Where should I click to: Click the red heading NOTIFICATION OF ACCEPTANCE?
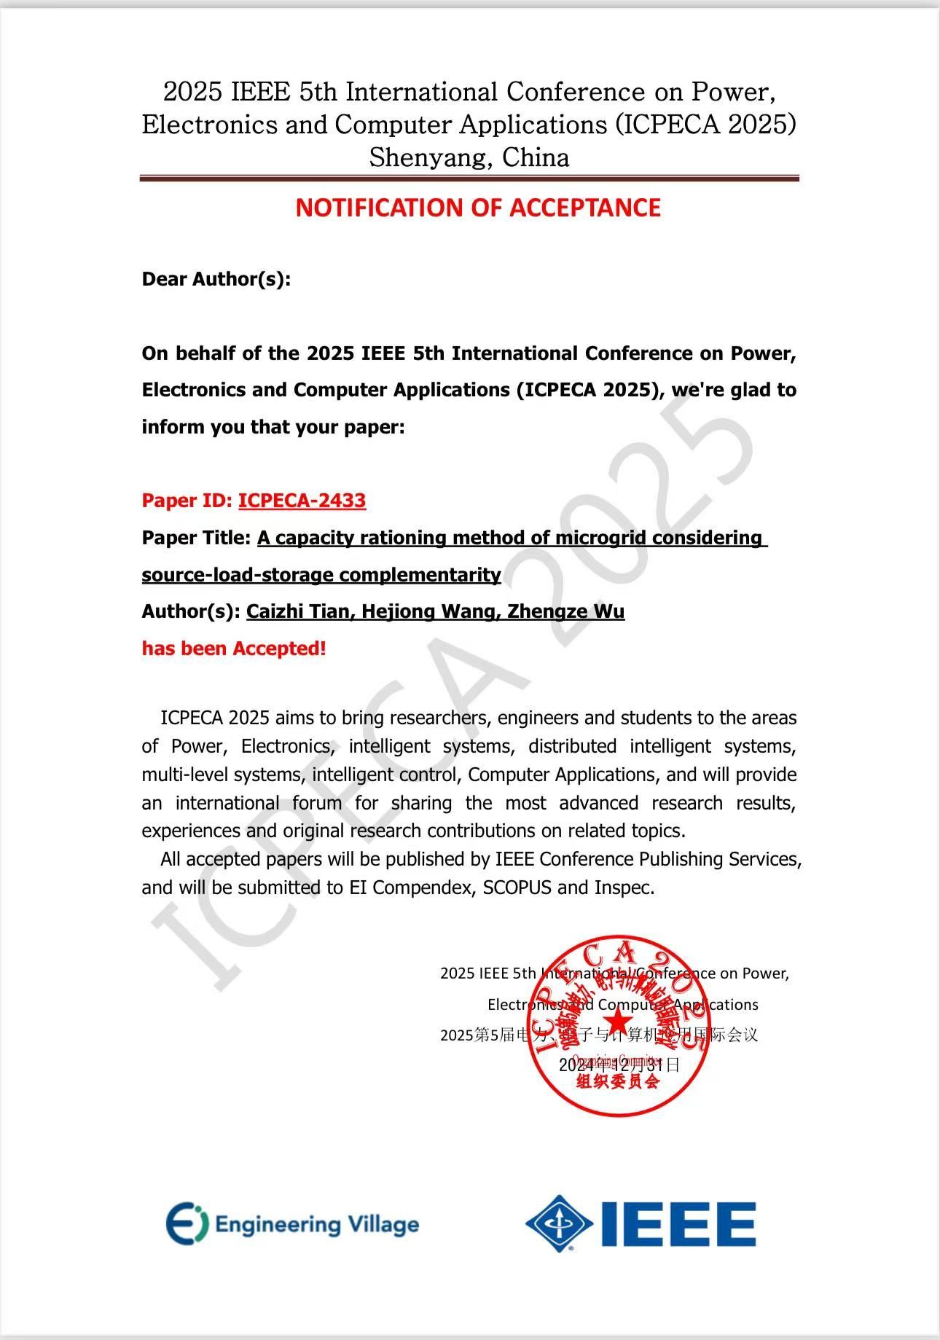click(477, 208)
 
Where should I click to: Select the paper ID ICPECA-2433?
click(302, 501)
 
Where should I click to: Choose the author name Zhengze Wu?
click(565, 611)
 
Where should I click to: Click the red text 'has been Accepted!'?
click(233, 649)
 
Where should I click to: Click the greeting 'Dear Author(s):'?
click(216, 279)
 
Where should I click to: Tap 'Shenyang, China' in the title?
click(469, 157)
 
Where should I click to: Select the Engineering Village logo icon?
click(187, 1223)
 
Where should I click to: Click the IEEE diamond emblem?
click(559, 1223)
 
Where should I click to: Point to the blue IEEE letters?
click(678, 1224)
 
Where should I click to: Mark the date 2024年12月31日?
click(619, 1065)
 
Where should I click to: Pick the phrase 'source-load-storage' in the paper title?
click(238, 575)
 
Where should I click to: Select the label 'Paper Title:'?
click(196, 538)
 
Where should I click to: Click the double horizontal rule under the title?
click(469, 178)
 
